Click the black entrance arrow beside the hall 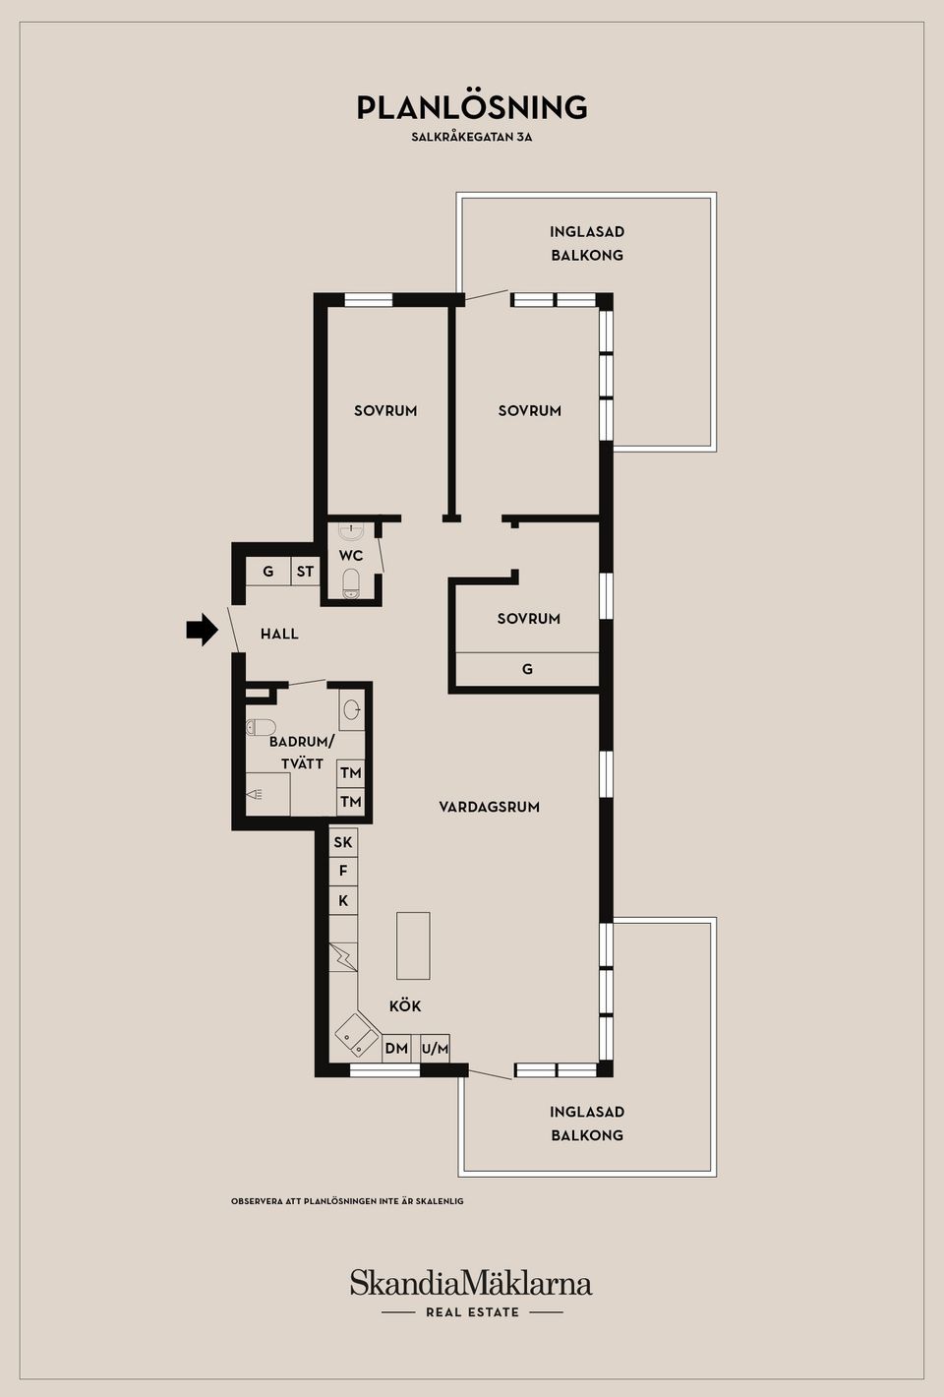(x=202, y=630)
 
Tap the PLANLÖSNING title (x=472, y=107)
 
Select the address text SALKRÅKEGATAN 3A (x=472, y=138)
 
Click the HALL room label (x=279, y=635)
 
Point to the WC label (x=351, y=556)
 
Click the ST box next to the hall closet (x=305, y=572)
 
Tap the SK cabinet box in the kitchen (x=342, y=842)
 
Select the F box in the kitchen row (x=342, y=871)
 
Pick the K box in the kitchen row (x=342, y=900)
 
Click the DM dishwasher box (x=396, y=1049)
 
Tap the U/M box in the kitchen (x=435, y=1049)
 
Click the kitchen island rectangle (x=413, y=945)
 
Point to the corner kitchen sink (x=356, y=1036)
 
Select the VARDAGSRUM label (x=489, y=807)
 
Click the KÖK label (x=405, y=1006)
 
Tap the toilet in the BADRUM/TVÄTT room (x=261, y=728)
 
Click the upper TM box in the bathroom (x=350, y=773)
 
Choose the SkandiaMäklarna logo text (x=471, y=1284)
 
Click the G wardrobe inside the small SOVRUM (x=527, y=669)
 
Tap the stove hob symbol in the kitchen (x=343, y=956)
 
